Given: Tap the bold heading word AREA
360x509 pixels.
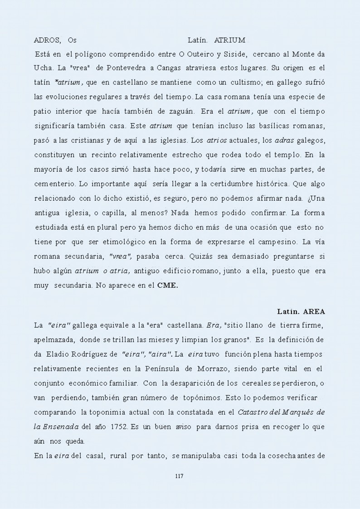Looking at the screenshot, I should pos(314,312).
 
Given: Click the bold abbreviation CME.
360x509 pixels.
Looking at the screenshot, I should pos(167,286).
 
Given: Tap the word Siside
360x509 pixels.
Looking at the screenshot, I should pos(234,54).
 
